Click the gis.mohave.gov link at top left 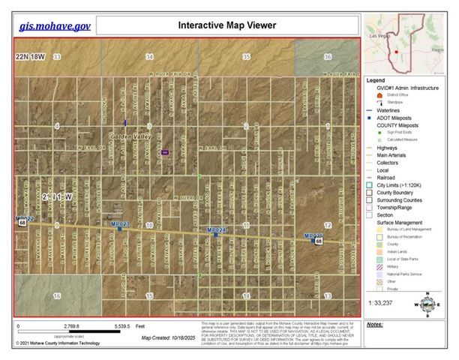pyautogui.click(x=55, y=25)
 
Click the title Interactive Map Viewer pyautogui.click(x=226, y=25)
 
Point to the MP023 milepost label pyautogui.click(x=120, y=223)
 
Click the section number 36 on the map pyautogui.click(x=327, y=57)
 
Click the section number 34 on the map pyautogui.click(x=150, y=57)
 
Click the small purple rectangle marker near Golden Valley pyautogui.click(x=164, y=151)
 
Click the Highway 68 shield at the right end pyautogui.click(x=319, y=241)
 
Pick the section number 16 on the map pyautogui.click(x=57, y=296)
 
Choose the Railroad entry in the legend pyautogui.click(x=387, y=177)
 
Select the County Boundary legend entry pyautogui.click(x=395, y=192)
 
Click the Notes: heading pyautogui.click(x=376, y=325)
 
